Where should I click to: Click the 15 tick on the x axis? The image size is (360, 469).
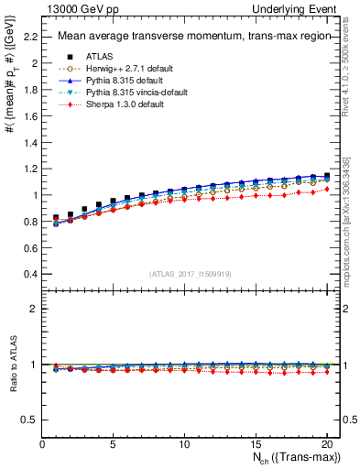tap(256, 444)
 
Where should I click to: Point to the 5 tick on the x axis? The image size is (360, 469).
tap(114, 444)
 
